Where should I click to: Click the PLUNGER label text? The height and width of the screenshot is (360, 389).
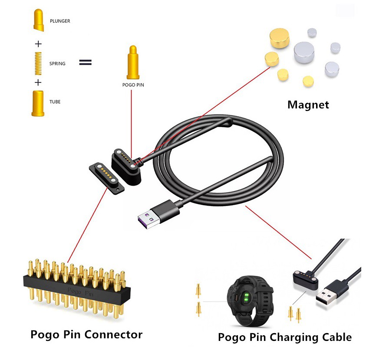click(60, 21)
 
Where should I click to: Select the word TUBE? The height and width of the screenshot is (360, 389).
click(55, 102)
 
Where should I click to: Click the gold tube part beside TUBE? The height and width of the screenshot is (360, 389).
click(38, 103)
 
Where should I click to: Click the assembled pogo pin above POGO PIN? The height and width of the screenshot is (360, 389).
click(132, 62)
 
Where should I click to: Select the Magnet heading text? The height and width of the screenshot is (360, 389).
click(308, 105)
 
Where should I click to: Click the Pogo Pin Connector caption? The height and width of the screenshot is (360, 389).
click(86, 334)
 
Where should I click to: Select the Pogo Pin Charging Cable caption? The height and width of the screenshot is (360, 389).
click(284, 337)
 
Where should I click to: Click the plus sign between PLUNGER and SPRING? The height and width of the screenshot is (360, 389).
click(38, 44)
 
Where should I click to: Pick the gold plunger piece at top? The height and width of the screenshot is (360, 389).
click(38, 20)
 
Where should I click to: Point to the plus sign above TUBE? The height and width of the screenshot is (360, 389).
click(38, 82)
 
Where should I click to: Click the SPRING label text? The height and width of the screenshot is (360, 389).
click(57, 63)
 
